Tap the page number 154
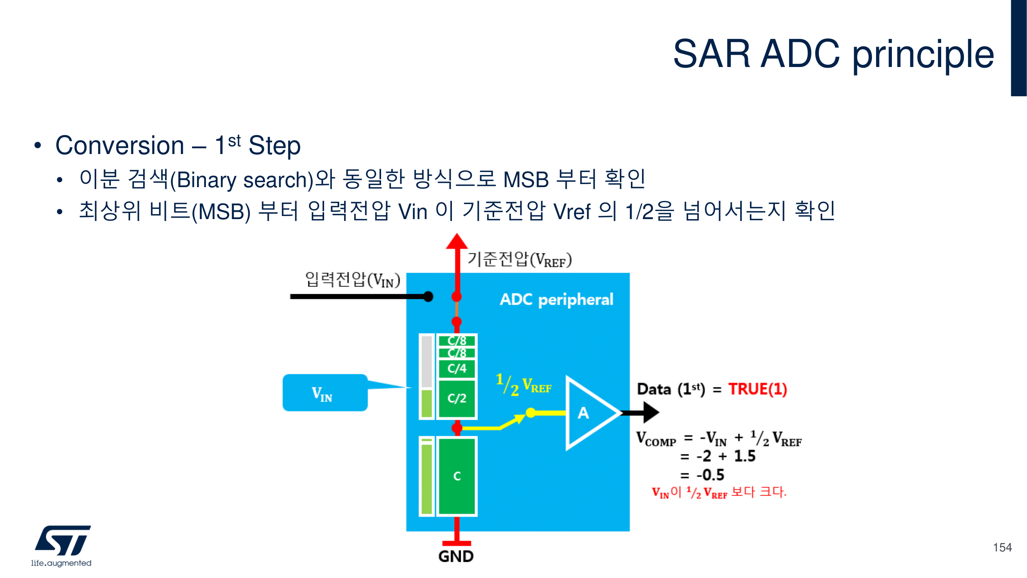[1002, 547]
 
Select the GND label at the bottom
[456, 556]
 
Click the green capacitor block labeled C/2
[457, 398]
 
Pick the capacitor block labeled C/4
[457, 368]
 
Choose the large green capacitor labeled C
[457, 476]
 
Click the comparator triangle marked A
[588, 413]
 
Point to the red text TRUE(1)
[758, 389]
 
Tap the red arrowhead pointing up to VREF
[457, 241]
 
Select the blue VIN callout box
[325, 393]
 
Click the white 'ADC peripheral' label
[556, 299]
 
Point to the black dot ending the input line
[428, 297]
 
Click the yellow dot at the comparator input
[531, 412]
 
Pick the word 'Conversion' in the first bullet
[120, 146]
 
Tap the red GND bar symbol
[457, 543]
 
